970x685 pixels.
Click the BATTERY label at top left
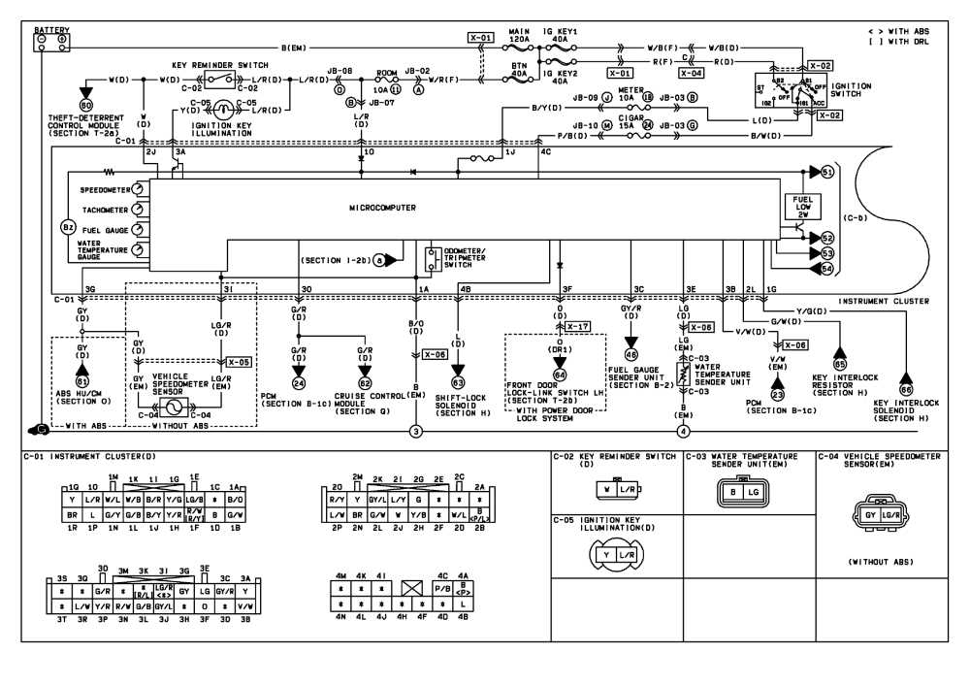[x=51, y=30]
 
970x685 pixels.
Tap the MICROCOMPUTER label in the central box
[x=382, y=208]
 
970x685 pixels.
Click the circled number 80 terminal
[x=86, y=104]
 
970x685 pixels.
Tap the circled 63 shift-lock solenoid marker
[x=458, y=383]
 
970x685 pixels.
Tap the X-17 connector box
[x=576, y=326]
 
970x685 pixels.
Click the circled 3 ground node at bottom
[x=416, y=431]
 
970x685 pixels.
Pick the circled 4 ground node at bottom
[x=684, y=431]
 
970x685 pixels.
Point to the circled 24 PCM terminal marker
[x=299, y=383]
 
